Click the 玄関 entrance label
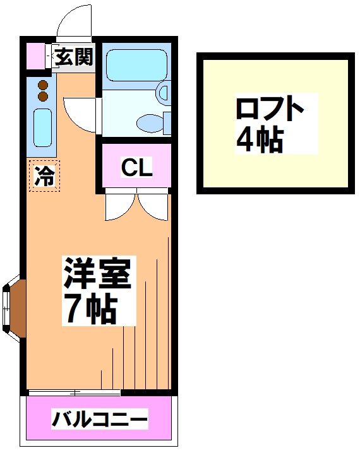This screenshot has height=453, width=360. tap(73, 57)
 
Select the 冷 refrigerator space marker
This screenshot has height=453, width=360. tap(44, 175)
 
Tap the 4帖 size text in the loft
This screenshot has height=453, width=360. tap(259, 139)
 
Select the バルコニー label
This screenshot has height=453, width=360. tap(100, 419)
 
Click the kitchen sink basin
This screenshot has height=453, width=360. tap(42, 127)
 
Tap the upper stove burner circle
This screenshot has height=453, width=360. tap(43, 85)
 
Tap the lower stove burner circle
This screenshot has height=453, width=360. tap(43, 96)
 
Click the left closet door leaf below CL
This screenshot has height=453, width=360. tap(121, 204)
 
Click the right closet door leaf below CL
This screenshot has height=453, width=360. tap(153, 204)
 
